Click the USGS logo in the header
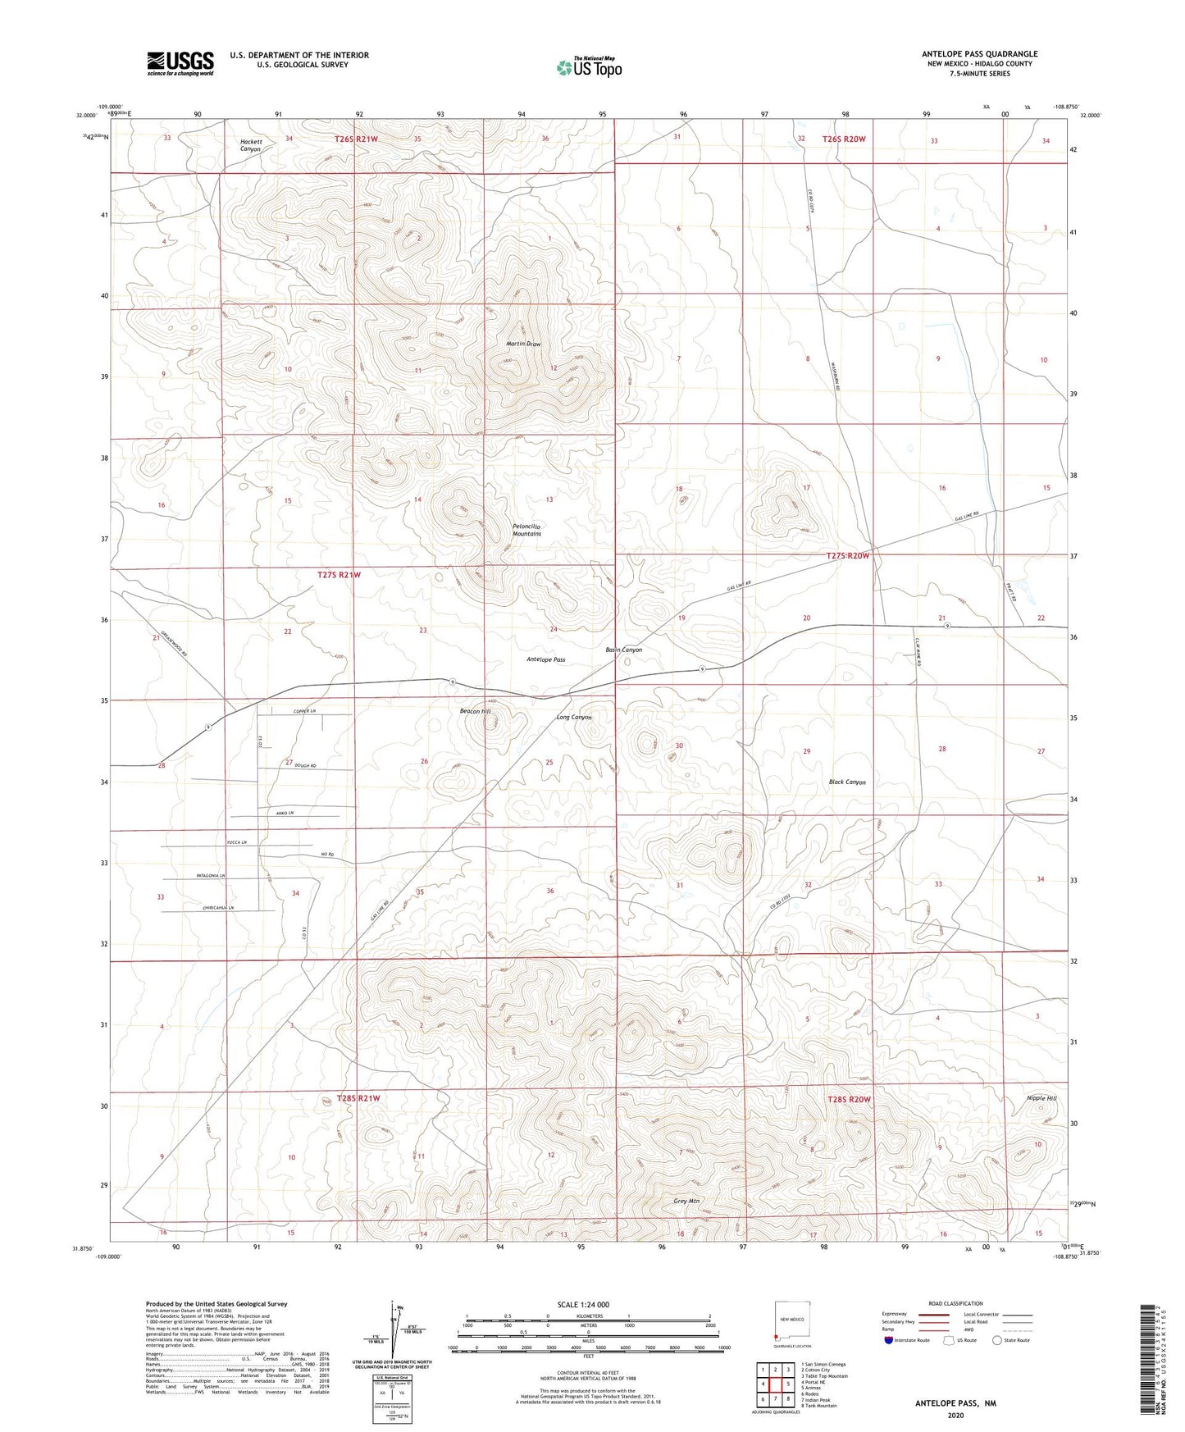180,63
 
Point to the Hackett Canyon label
250,145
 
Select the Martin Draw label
523,344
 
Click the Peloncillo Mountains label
526,530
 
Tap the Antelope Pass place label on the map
545,659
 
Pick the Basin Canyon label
623,650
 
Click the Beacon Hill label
475,711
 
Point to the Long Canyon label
574,718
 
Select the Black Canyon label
847,782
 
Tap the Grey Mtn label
686,1202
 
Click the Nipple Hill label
1041,1098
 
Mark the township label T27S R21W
339,575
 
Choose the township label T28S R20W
849,1099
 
